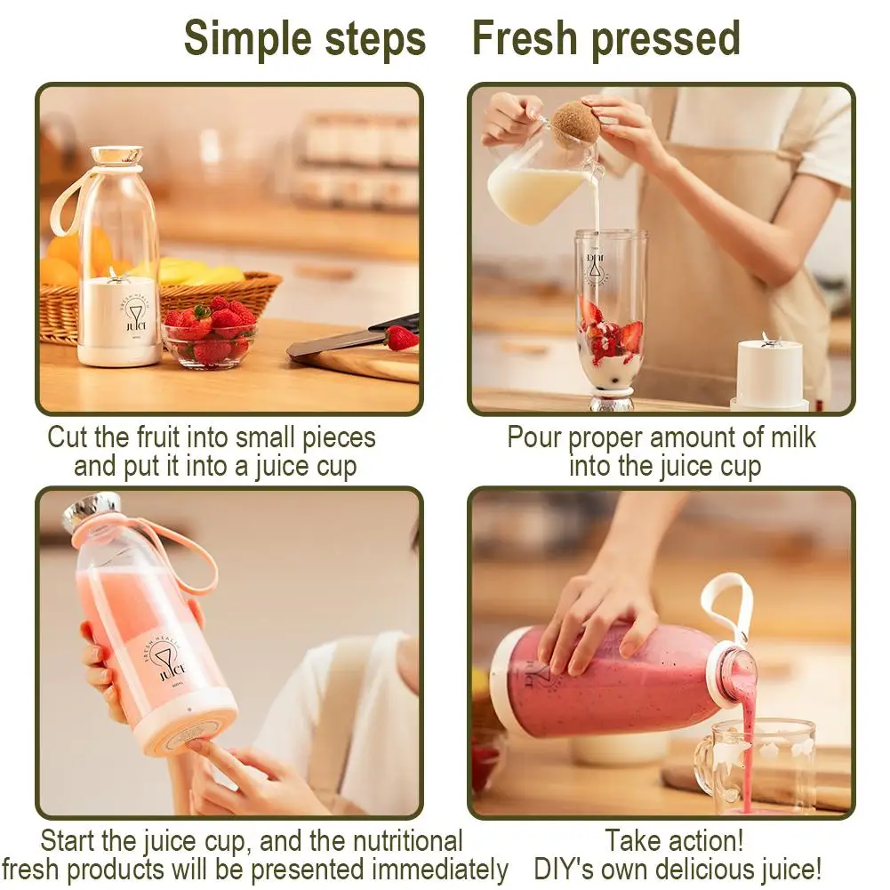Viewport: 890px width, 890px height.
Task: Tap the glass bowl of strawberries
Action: (210, 338)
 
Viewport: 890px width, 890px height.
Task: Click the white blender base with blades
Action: (770, 373)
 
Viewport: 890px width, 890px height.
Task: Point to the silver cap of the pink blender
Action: (92, 509)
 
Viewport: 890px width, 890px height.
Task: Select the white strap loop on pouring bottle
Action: (727, 605)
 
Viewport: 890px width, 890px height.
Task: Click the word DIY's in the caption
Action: (573, 869)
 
